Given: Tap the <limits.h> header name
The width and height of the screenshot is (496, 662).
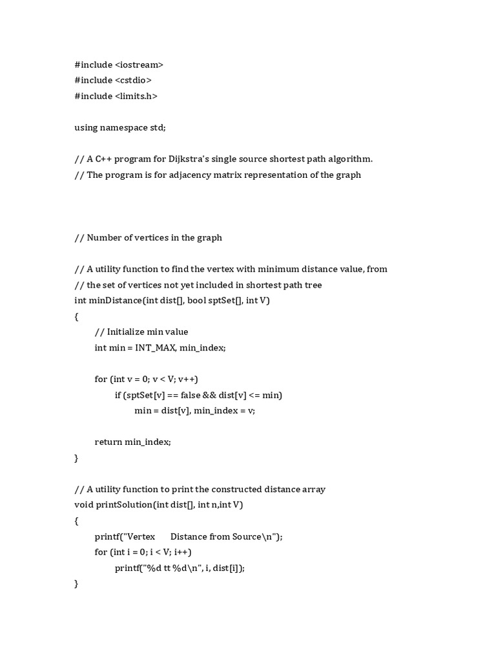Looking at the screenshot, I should coord(136,96).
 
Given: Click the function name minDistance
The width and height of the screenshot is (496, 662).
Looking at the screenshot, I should coord(112,301).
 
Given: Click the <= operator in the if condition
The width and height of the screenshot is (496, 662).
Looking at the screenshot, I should coord(258,395).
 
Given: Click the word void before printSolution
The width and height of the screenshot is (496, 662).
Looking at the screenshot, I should coord(84,505).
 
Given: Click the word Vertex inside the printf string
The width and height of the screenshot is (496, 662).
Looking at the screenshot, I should coord(141,537).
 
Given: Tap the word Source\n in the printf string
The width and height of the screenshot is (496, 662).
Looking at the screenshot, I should coord(259,537).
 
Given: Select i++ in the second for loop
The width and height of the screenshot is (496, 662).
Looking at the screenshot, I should coord(183,552).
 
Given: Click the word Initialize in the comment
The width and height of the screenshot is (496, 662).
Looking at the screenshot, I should coord(126,332).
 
